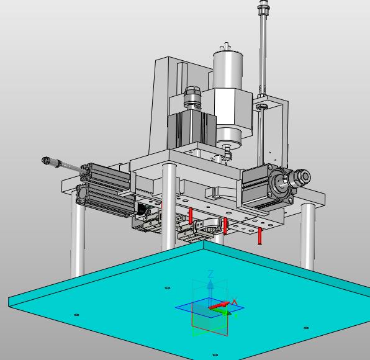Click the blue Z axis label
coord(210,274)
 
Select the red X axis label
coord(234,302)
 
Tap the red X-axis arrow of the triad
coord(219,306)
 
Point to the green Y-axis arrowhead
coord(226,313)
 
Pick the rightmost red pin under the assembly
coord(259,236)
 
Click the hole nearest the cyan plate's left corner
coord(76,315)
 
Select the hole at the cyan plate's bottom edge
coord(215,355)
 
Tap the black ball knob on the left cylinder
coord(142,210)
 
